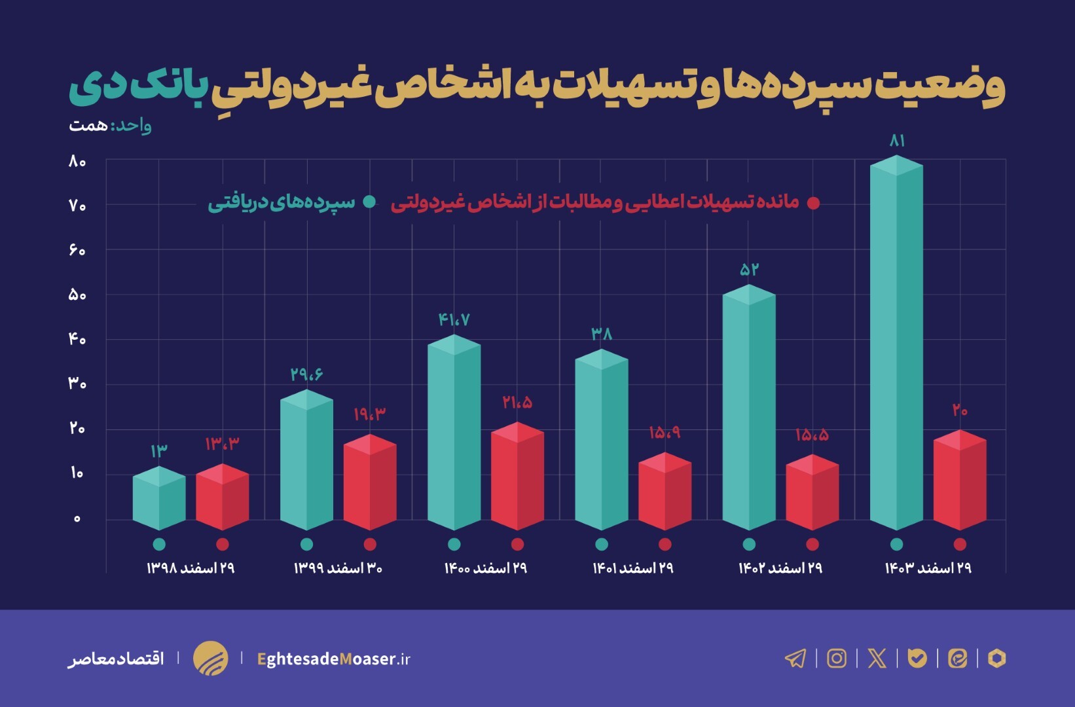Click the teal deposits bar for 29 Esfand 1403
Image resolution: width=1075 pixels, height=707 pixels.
click(896, 347)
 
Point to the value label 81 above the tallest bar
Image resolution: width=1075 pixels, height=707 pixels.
click(897, 141)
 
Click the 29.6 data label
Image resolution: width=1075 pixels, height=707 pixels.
click(306, 374)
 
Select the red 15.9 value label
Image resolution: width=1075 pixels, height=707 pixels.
click(665, 433)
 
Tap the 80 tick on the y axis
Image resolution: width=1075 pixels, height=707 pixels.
click(77, 161)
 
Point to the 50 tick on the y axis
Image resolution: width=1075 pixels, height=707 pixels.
click(77, 295)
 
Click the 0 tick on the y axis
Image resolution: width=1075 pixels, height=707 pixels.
click(77, 518)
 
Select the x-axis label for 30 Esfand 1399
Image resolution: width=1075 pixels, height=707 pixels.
click(338, 568)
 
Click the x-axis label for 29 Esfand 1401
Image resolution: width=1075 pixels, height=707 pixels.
click(633, 568)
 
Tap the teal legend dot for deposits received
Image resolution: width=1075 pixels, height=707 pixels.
click(369, 202)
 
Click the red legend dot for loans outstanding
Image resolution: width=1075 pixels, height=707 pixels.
click(813, 203)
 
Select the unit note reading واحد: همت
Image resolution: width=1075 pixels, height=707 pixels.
click(110, 125)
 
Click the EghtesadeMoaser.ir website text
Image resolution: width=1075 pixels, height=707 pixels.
click(334, 659)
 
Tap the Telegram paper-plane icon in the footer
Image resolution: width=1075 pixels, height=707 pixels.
click(795, 658)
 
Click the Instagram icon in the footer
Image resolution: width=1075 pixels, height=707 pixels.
click(837, 658)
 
